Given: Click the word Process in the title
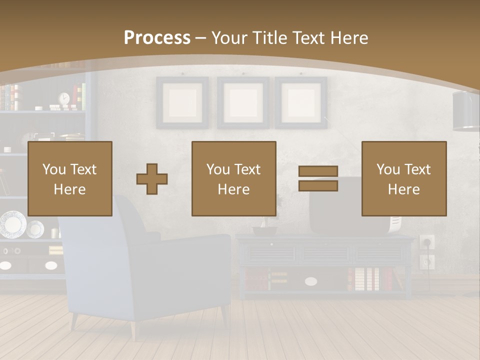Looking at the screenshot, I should point(157,37).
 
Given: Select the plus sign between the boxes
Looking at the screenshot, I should point(152,179).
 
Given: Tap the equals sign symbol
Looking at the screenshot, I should point(318,178).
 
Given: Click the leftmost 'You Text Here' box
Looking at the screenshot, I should point(70,178).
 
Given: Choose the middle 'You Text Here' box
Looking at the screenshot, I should point(234,178).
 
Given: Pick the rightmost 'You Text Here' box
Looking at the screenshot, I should point(404,178).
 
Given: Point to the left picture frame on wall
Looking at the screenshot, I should point(182,102).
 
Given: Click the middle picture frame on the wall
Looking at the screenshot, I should point(242,102).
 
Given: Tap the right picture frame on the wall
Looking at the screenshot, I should point(301,102).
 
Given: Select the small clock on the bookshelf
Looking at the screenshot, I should point(64,98).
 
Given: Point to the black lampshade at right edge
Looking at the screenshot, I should point(466,111).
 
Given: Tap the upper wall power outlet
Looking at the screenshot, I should point(427,242).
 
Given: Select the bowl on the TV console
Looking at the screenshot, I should point(265,231).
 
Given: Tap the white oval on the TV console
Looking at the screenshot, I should point(311,281).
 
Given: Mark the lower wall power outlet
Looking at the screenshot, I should point(427,261).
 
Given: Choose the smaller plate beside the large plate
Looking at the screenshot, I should point(35,229).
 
